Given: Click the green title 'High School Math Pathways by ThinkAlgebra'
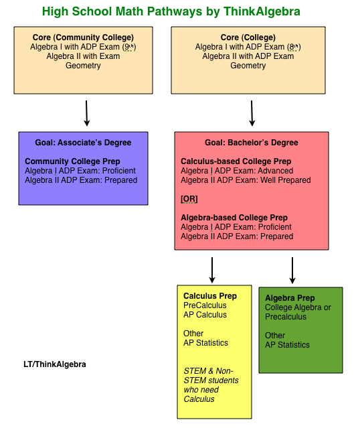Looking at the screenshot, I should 171,11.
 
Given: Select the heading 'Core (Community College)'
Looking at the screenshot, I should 83,38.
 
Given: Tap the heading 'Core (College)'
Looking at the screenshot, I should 248,38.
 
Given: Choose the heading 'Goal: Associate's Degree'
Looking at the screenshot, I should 84,143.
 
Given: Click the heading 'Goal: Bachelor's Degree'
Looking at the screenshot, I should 252,143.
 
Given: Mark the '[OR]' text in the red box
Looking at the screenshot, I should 189,199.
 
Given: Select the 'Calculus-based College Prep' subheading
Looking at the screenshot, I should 236,161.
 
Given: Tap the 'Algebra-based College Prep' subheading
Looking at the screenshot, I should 234,218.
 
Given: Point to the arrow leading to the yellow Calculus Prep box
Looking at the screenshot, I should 212,269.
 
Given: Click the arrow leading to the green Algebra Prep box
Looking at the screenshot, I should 292,269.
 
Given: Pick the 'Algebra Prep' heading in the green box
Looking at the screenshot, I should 290,298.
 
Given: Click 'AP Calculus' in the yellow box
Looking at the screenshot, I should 205,315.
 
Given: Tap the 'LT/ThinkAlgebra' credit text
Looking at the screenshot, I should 55,364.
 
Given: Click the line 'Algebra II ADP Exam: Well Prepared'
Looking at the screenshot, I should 246,180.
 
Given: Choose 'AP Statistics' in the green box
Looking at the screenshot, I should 287,345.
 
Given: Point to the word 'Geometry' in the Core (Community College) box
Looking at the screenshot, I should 83,66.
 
